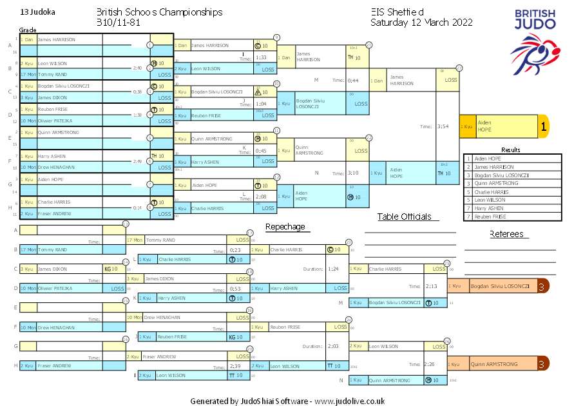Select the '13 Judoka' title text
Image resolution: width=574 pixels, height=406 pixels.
click(x=37, y=12)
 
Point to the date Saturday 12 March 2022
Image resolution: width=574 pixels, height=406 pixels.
click(x=421, y=23)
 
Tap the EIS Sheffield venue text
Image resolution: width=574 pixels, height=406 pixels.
click(x=397, y=12)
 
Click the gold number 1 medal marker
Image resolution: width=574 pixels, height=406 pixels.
click(x=543, y=127)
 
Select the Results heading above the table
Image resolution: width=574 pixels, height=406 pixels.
click(x=510, y=150)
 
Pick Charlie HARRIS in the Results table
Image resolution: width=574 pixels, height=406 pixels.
click(x=492, y=191)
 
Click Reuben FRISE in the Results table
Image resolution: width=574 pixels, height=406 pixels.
click(x=491, y=217)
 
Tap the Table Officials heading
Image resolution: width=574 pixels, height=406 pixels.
click(x=404, y=217)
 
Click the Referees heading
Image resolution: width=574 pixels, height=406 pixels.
click(x=506, y=235)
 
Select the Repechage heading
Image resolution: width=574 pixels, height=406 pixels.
click(x=285, y=227)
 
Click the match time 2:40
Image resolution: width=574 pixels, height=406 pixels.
click(x=137, y=68)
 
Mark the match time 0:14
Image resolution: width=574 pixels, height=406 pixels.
click(x=137, y=208)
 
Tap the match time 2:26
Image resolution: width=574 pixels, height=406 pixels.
click(x=431, y=364)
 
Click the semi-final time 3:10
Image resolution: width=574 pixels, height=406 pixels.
click(x=353, y=173)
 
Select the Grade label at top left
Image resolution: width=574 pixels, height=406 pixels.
click(x=28, y=30)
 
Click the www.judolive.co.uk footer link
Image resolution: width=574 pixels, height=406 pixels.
click(x=349, y=401)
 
